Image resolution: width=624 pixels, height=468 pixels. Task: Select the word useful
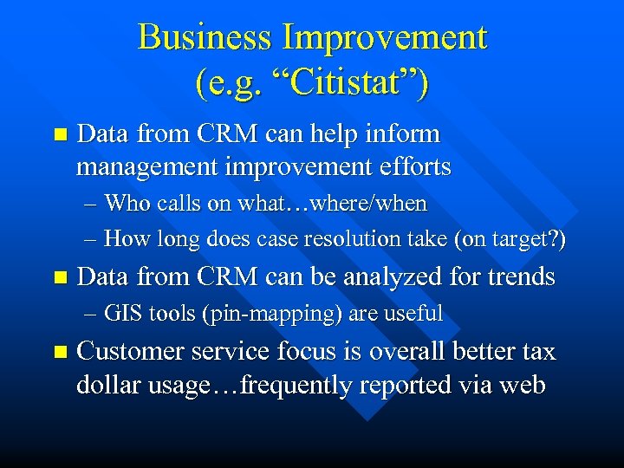[x=413, y=314]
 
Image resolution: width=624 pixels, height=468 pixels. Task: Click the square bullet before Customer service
[x=59, y=353]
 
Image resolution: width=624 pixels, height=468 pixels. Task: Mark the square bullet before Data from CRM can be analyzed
[x=59, y=278]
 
